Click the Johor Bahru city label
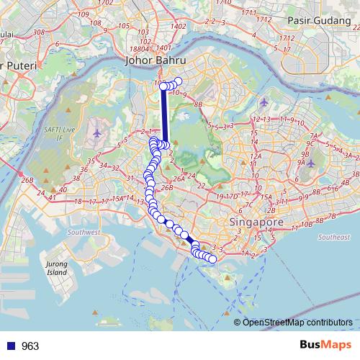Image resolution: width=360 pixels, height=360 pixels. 156,61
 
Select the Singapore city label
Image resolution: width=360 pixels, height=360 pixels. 256,223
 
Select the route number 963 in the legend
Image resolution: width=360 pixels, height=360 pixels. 30,346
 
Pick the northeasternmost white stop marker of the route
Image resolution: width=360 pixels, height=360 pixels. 179,81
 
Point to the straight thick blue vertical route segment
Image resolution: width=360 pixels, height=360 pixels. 164,115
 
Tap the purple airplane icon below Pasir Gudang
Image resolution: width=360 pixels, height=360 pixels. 265,101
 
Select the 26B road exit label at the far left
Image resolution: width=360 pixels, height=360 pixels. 27,179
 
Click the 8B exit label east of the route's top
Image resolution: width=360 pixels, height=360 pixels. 198,105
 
